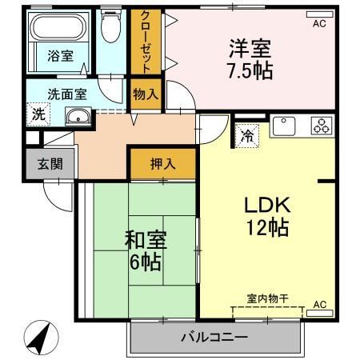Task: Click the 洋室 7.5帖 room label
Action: (250, 58)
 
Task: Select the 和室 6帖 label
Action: (144, 249)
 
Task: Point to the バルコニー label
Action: (214, 337)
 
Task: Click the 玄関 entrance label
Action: (49, 164)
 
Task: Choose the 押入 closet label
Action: (163, 165)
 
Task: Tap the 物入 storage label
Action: (146, 94)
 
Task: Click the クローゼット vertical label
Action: (146, 41)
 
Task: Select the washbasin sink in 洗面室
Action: (78, 118)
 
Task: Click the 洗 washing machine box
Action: (36, 114)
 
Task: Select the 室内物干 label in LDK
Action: (267, 298)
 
